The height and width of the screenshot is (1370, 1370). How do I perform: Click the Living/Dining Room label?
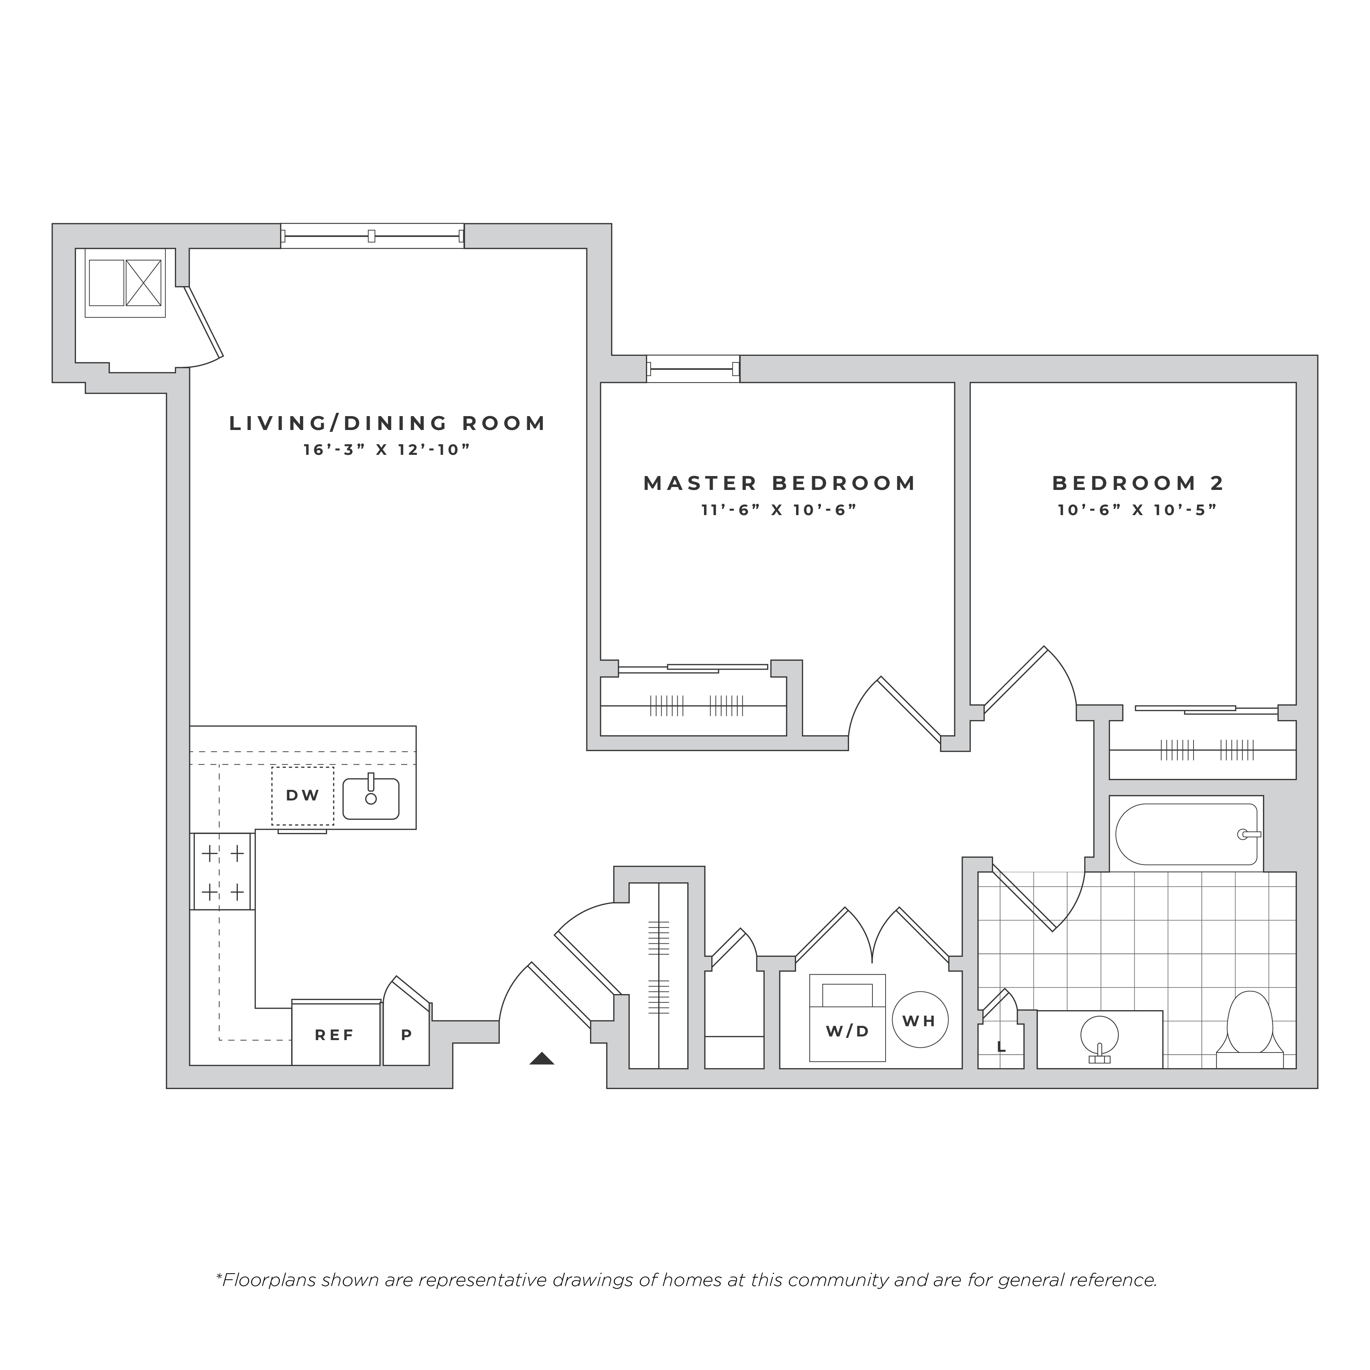point(387,423)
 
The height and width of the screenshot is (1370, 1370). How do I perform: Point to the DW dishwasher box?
point(303,796)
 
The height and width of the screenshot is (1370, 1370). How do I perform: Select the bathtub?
point(1186,834)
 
